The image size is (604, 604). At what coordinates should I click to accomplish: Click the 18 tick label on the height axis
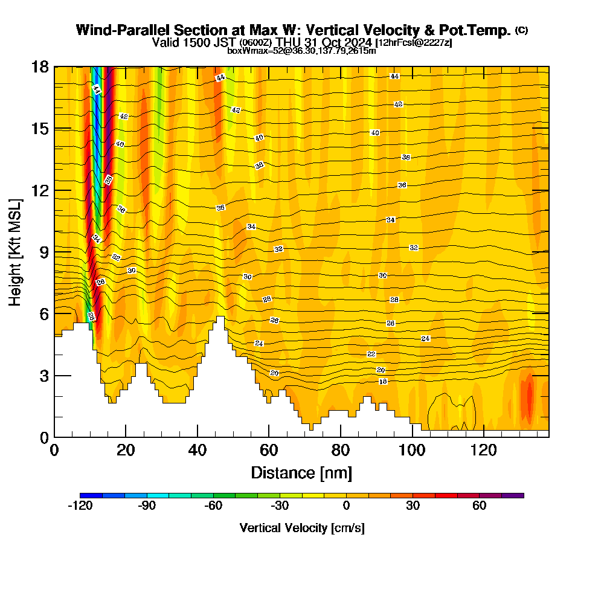(40, 66)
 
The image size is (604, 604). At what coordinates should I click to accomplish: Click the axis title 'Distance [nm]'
(301, 472)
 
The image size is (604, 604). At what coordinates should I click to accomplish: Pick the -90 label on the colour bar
(147, 506)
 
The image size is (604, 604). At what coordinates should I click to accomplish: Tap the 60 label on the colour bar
(480, 506)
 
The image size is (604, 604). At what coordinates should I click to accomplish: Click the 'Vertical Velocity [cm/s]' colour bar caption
(302, 528)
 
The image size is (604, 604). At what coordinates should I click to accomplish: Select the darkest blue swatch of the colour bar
(91, 495)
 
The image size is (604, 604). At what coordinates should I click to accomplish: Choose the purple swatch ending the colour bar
(513, 495)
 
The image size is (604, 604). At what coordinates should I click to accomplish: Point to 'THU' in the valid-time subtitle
(289, 42)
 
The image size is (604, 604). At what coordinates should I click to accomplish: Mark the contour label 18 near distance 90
(383, 382)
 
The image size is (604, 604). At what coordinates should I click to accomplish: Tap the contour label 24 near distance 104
(426, 339)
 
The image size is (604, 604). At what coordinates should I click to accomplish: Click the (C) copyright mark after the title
(521, 30)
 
